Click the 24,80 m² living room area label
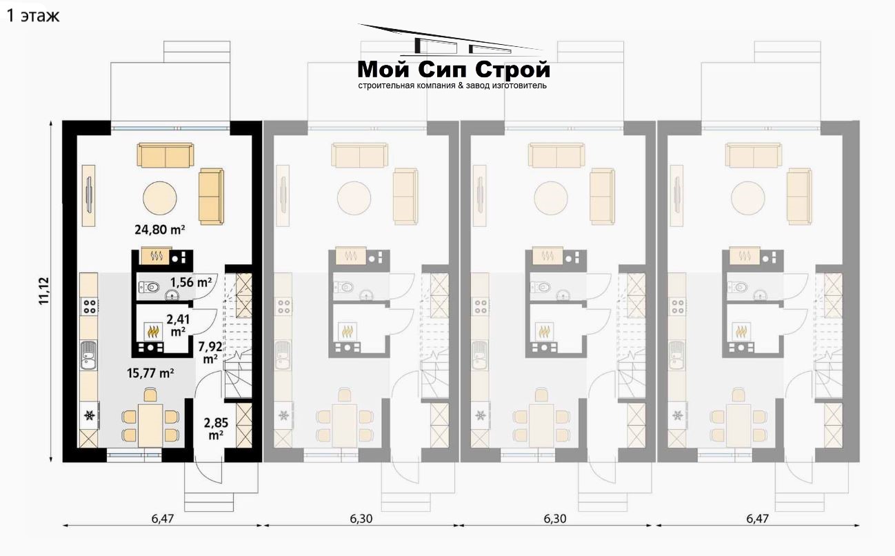159,230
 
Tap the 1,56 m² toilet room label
190,282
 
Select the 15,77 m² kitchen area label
150,373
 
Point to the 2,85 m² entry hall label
216,428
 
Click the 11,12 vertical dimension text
43,291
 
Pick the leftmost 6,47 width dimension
163,519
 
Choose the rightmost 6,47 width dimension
757,519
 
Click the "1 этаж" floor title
33,16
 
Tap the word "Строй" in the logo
512,70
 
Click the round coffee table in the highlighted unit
160,198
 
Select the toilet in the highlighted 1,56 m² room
149,286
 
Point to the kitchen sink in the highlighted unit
89,355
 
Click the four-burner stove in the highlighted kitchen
89,306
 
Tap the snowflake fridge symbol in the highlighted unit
89,416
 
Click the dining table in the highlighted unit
150,426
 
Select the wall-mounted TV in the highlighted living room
89,196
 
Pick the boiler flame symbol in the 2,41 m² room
153,331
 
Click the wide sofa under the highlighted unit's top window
165,155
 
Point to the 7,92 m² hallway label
210,352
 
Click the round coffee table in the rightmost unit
748,198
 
